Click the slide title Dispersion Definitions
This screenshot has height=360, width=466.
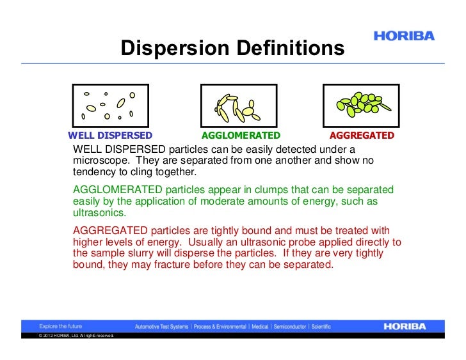232,49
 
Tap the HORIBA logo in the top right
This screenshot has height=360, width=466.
404,36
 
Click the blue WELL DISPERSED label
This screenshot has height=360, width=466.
110,136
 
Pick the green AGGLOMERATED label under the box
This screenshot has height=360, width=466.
241,136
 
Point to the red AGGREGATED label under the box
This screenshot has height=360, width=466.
362,136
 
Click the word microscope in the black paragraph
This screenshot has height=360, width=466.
99,160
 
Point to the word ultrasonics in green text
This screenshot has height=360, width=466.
100,214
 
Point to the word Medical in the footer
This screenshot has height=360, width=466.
260,327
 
